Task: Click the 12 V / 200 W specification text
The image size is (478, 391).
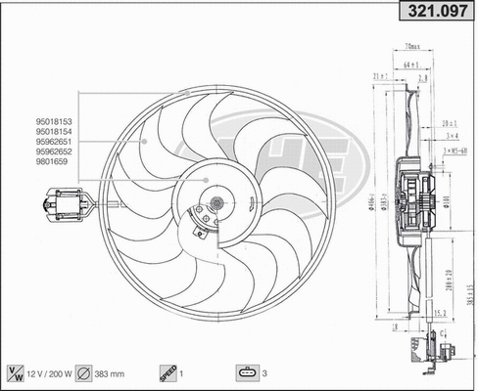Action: click(51, 373)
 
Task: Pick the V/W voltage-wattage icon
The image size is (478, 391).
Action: click(16, 373)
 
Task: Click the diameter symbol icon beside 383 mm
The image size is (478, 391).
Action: click(84, 373)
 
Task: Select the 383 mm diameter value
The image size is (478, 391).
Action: click(113, 373)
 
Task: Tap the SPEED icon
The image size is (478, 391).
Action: click(167, 373)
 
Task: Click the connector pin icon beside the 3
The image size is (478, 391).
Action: click(245, 373)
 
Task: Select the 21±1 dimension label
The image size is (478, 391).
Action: click(379, 75)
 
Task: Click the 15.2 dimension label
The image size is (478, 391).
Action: click(441, 313)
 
